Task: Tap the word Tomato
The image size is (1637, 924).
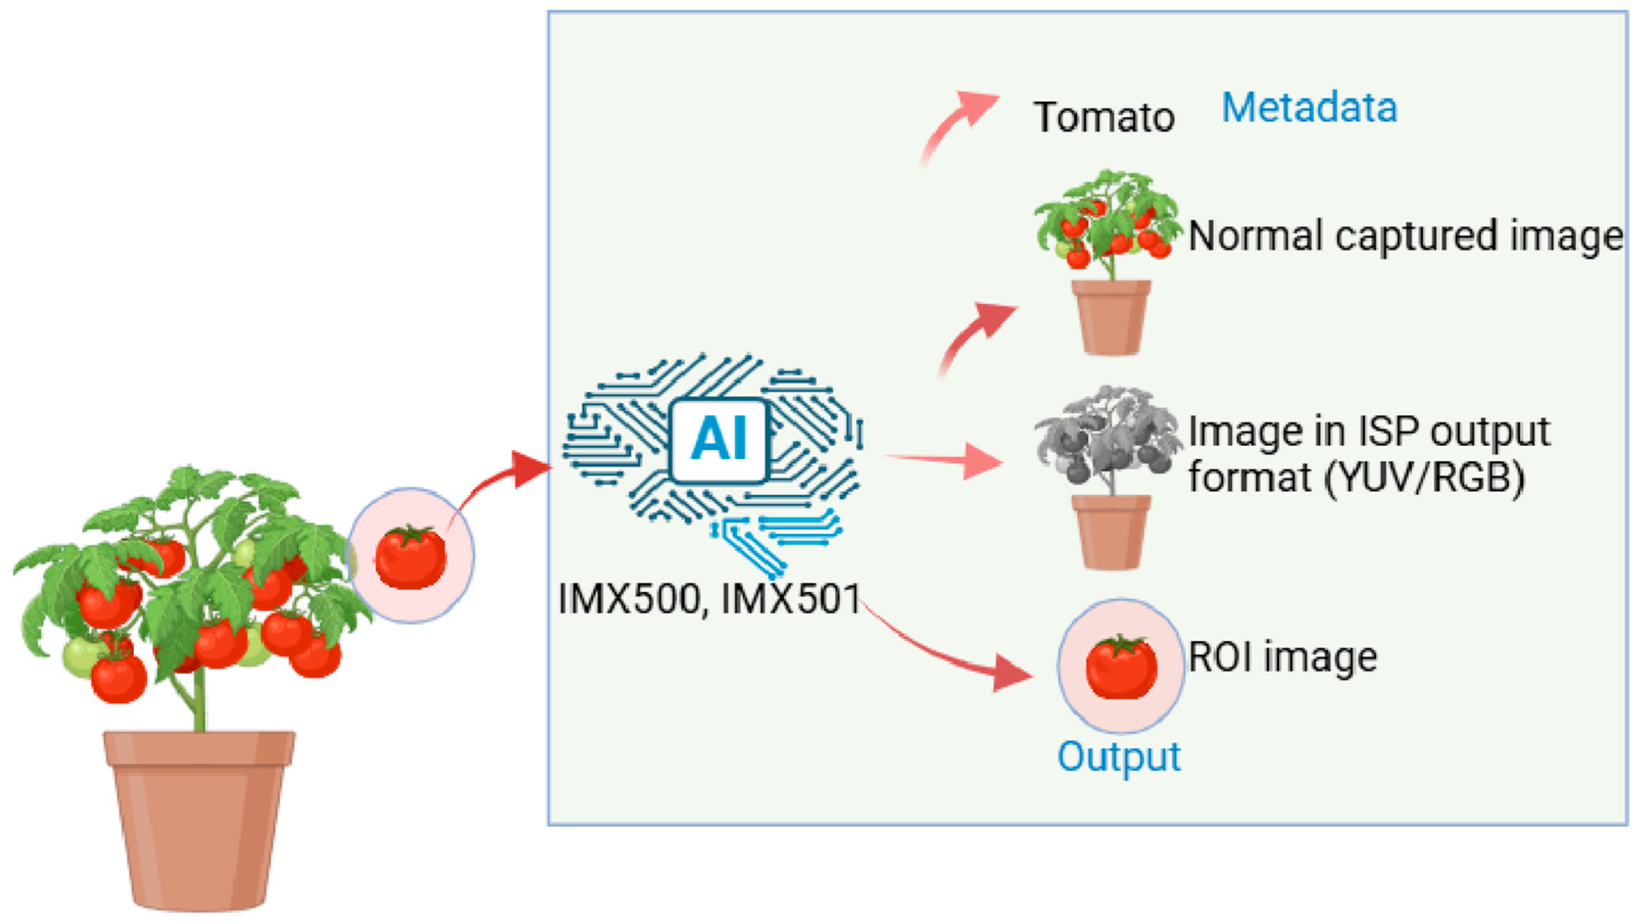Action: [x=1104, y=117]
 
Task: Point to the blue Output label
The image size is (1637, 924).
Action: [x=1119, y=757]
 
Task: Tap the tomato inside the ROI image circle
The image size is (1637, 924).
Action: [x=1121, y=667]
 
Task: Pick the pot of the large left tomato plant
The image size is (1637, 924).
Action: [x=199, y=820]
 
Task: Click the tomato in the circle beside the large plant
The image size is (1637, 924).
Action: [x=410, y=557]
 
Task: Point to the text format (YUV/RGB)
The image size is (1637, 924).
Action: [x=1357, y=477]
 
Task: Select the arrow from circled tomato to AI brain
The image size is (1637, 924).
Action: [x=502, y=483]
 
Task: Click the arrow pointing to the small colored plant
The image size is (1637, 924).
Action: [x=976, y=337]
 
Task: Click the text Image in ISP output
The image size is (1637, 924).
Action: [x=1370, y=432]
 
